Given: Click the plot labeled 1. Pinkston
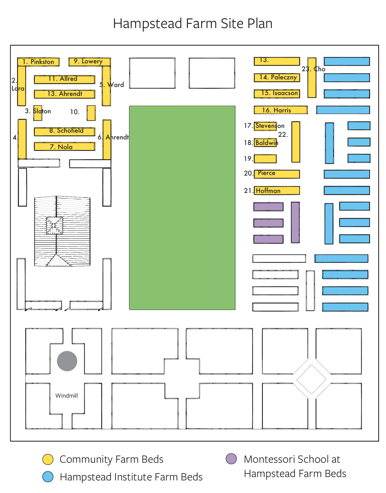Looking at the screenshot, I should point(38,62).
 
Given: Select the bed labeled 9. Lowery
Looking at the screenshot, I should point(89,62).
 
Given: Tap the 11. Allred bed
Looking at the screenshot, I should point(65,79).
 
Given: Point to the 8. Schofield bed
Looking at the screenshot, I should point(65,131).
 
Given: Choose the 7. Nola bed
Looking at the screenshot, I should point(65,146).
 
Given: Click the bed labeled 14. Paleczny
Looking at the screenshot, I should point(277,77).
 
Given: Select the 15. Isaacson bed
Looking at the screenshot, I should point(277,93).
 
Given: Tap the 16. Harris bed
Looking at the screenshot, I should point(281,110).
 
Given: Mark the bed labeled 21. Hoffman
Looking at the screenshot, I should point(277,190).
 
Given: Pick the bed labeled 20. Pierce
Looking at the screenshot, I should point(277,174).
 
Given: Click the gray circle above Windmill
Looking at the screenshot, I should point(67,361).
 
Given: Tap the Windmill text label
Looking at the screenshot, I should point(66,396).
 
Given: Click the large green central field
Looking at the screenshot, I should point(182,208).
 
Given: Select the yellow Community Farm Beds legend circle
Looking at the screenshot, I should point(48,459).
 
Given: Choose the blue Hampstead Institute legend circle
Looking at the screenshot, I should point(48,477).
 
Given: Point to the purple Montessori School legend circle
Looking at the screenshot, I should point(231,459).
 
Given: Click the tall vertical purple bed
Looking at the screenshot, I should point(295,222).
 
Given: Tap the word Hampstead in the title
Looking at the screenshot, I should point(148,24).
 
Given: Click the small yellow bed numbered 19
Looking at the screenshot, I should point(265,159).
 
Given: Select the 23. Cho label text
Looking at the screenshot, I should point(313,69).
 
